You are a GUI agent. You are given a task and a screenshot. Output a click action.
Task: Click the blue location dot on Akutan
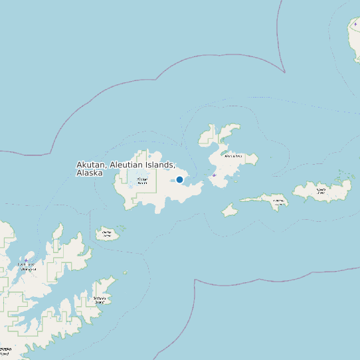coord(179,179)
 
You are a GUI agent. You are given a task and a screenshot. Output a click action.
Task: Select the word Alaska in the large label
coord(90,173)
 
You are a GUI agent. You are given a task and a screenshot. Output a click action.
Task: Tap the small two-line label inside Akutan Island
coord(141,180)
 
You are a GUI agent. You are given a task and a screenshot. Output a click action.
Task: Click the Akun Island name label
coord(232,157)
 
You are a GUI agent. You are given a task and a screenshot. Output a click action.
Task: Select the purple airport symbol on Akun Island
coord(214,175)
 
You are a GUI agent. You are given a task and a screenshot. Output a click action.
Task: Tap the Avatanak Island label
coord(278,200)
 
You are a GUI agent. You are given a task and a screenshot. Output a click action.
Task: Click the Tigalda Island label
coord(321,190)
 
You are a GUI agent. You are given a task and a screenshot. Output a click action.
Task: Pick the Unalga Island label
coord(106,232)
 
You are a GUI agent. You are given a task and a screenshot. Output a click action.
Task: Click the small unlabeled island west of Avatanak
coord(230,210)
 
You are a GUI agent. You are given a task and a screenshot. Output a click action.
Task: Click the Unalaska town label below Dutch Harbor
coord(28,270)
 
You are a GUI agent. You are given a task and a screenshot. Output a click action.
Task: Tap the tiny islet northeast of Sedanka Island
coord(126,272)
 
